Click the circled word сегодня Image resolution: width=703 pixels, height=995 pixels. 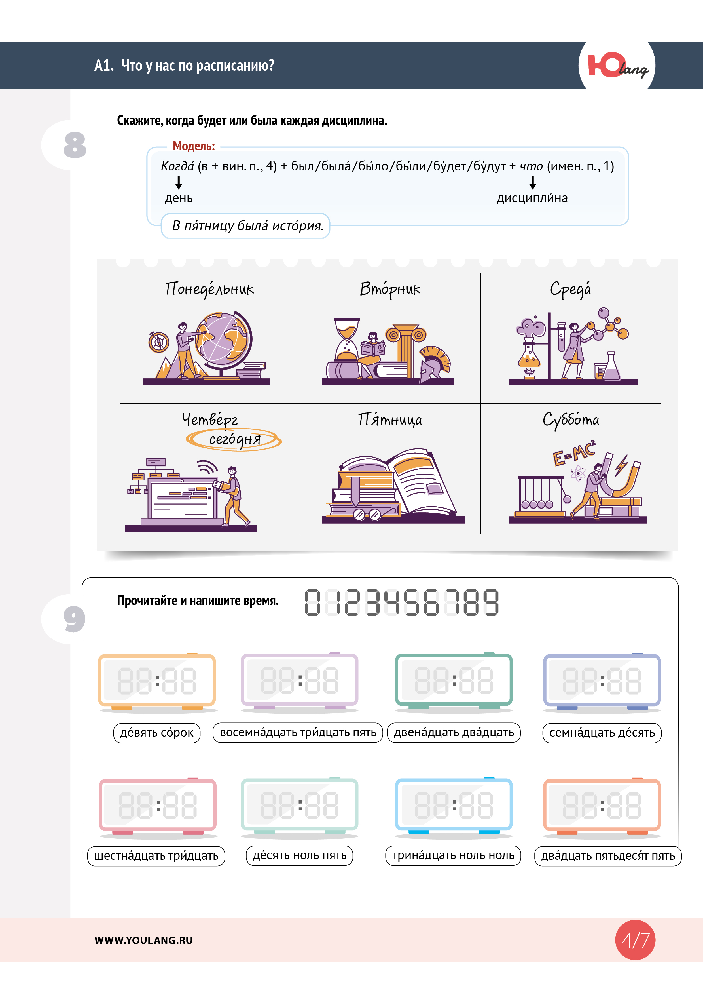point(234,439)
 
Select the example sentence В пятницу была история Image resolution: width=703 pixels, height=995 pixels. point(248,226)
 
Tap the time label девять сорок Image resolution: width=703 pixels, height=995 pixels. point(157,733)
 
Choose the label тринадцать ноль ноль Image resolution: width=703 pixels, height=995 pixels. point(453,855)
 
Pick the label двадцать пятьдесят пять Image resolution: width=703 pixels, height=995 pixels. point(608,856)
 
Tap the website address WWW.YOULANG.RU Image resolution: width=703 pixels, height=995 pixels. point(143,940)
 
